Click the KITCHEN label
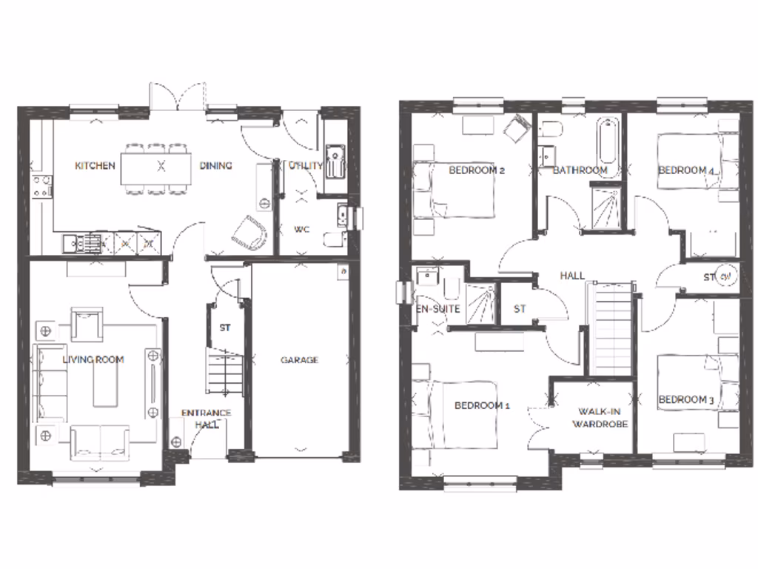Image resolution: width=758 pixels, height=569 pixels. click(95, 165)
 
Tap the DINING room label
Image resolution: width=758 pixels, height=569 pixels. click(215, 165)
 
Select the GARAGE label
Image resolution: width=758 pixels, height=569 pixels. click(299, 360)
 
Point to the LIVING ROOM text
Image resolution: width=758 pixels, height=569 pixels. click(93, 359)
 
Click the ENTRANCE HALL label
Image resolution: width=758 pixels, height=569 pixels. click(207, 419)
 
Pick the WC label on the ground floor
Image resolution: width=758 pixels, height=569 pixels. click(301, 229)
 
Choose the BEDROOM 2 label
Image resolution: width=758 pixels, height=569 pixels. click(477, 170)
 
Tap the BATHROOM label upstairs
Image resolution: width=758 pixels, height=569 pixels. click(580, 170)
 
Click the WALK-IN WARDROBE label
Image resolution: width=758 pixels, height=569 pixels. click(603, 417)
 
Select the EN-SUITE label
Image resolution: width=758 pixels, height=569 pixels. click(438, 308)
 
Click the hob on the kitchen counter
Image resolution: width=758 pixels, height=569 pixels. click(42, 184)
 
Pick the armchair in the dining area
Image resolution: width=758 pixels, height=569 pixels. click(249, 233)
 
